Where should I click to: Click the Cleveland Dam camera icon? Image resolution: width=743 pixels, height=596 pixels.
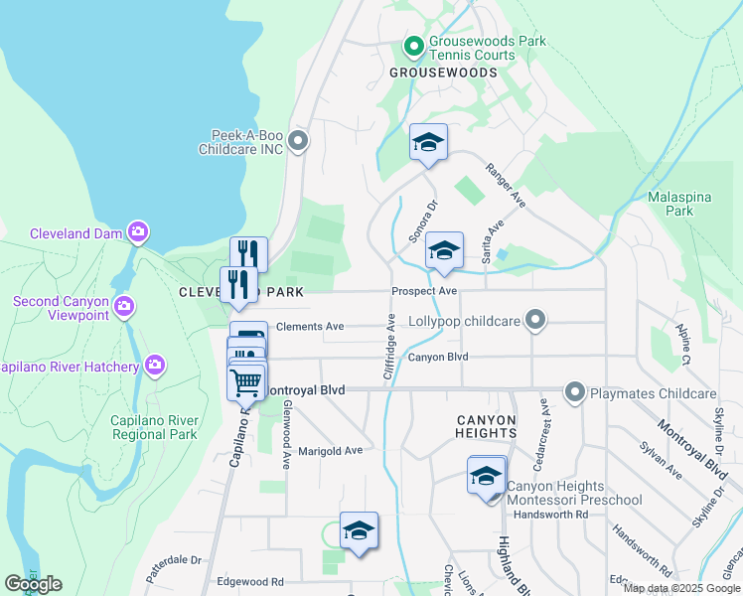(138, 233)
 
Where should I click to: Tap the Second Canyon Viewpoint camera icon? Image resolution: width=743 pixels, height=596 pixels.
(122, 304)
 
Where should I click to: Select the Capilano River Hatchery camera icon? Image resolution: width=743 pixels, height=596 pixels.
(154, 367)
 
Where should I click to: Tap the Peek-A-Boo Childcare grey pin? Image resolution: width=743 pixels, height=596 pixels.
(300, 141)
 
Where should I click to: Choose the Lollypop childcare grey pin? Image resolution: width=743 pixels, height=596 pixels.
(535, 320)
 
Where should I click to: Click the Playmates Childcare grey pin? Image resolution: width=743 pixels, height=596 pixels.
(574, 393)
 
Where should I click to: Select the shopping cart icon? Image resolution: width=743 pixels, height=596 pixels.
(245, 380)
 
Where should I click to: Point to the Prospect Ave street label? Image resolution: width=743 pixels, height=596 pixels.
(424, 291)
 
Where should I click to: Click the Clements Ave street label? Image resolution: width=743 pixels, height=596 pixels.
(310, 326)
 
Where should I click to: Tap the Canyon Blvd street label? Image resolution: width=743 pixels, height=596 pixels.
(437, 357)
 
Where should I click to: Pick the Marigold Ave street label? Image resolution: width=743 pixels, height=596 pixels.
(331, 450)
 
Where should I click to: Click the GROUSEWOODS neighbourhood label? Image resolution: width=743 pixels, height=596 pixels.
(442, 74)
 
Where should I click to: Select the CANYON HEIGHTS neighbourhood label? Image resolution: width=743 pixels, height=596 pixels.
(486, 426)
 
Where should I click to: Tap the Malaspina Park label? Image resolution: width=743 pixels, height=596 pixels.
(678, 204)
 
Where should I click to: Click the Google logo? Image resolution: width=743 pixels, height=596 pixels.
(33, 584)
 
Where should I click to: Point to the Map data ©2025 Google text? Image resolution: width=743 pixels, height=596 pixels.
(680, 588)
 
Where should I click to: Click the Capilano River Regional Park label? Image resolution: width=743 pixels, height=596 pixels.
(154, 427)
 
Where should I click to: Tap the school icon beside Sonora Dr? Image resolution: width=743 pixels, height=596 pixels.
(444, 250)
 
